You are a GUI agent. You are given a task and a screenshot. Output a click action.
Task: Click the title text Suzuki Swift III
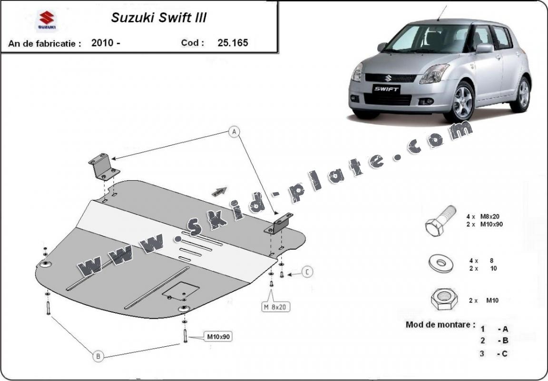coord(158,18)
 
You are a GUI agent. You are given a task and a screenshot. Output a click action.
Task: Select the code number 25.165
coord(233,42)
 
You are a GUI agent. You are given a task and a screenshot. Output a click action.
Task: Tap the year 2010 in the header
coord(102,43)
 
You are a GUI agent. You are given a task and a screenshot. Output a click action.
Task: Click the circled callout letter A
coord(234,132)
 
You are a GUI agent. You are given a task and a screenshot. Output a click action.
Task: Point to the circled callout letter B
coord(98,355)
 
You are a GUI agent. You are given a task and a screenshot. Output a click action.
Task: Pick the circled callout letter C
coord(308,272)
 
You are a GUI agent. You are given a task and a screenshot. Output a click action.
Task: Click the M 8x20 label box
coord(276,307)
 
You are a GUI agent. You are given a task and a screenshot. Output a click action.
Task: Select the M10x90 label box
coord(218,337)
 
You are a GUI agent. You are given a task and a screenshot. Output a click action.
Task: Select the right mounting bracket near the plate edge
coord(278,223)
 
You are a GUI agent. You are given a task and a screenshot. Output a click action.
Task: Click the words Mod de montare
coord(440,325)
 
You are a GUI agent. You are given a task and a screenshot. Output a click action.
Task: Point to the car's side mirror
coord(484,48)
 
